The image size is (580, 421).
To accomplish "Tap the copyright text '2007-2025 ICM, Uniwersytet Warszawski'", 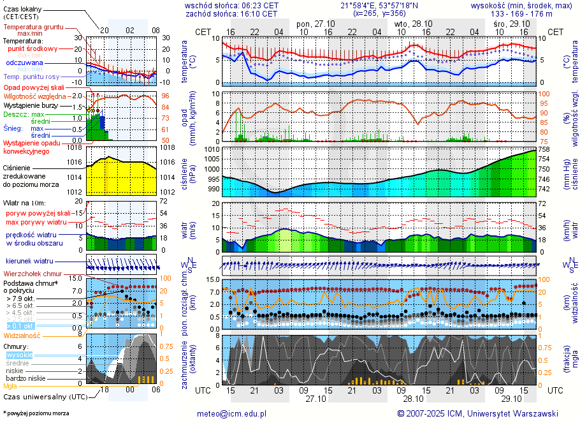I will (478, 413).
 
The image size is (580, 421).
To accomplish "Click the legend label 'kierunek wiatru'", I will (29, 262).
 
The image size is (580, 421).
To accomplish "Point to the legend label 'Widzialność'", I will (22, 335).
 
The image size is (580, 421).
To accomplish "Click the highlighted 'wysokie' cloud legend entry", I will (20, 355).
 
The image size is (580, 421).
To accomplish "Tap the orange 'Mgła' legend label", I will (10, 386).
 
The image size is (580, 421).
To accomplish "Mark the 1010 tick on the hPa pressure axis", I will (211, 149).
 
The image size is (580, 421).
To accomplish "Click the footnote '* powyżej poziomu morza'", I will (36, 413).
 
